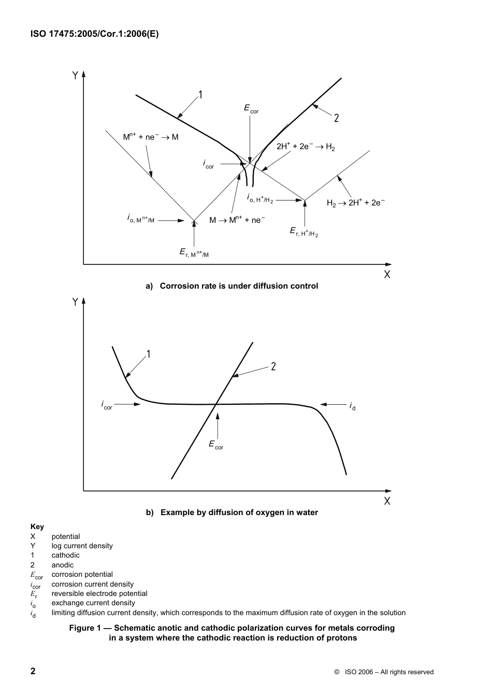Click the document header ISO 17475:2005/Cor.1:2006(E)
coord(95,34)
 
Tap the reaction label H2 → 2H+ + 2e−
coord(356,203)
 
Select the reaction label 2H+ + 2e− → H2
coord(306,147)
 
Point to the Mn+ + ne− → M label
coord(150,137)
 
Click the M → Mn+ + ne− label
coord(237,220)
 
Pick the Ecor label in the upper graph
coord(251,108)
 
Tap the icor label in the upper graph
coord(208,164)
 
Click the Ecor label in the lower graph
coord(216,444)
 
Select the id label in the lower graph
coord(352,405)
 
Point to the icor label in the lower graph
coord(107,405)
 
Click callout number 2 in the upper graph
coord(337,118)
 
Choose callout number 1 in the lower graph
coord(148,354)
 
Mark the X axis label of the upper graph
coord(387,275)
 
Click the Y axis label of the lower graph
coord(75,302)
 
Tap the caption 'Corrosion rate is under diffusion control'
coord(239,286)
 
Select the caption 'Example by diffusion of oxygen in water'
coord(239,513)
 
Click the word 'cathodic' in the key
coord(65,555)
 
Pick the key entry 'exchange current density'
coord(93,603)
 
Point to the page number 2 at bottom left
coord(33,672)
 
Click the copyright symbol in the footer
coord(337,672)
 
